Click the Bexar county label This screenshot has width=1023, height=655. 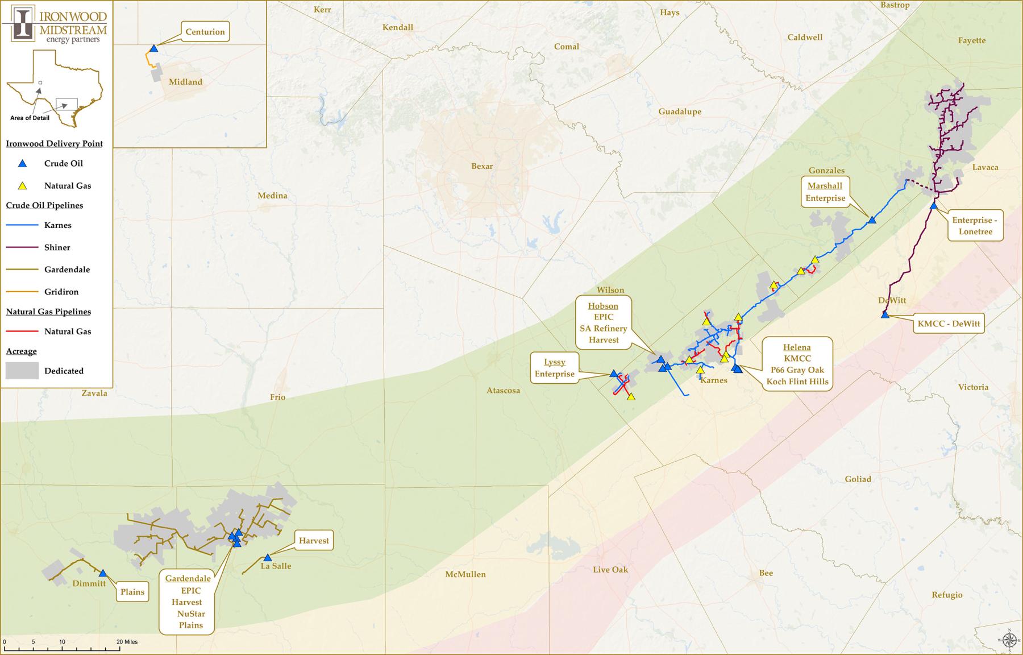point(482,166)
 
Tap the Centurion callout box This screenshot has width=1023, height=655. point(205,32)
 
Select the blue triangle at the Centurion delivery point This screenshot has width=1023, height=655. point(153,49)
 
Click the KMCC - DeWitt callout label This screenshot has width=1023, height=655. point(949,324)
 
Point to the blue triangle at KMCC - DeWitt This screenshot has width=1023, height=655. point(885,314)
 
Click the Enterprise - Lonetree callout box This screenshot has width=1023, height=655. point(975,226)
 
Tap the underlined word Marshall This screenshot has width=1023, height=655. point(825,186)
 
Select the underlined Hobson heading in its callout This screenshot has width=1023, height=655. point(603,306)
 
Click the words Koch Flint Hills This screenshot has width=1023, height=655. point(797,382)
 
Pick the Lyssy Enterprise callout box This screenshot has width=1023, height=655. point(555,368)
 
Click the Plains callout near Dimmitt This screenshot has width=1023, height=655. point(132,592)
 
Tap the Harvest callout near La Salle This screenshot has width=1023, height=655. point(314,541)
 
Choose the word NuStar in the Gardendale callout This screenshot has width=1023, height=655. point(191,614)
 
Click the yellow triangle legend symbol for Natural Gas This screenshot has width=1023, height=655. point(22,185)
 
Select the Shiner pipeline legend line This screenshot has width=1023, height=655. point(22,247)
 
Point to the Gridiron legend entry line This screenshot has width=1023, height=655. point(22,292)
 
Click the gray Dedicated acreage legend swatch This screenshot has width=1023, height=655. point(22,371)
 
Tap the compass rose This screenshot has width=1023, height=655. point(1009,640)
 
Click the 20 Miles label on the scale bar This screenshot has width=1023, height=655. point(127,642)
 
